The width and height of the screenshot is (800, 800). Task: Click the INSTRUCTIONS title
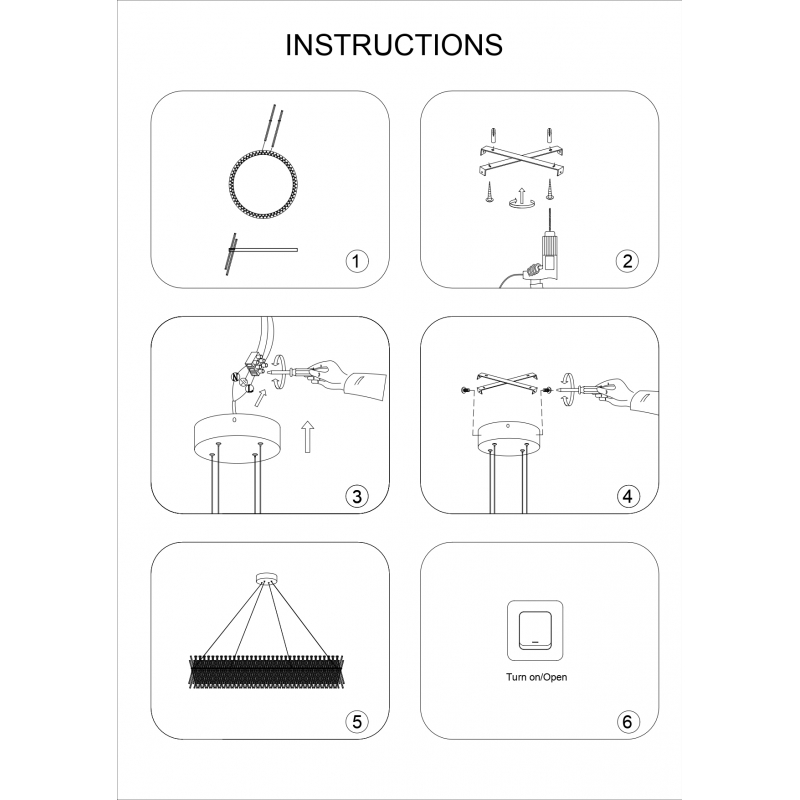(394, 45)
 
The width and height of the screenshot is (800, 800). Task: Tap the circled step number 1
(356, 261)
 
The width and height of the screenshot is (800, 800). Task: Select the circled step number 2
(626, 261)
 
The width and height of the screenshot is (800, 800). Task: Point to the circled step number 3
(356, 495)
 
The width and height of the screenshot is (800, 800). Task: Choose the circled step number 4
(626, 495)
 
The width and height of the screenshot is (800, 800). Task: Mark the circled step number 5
(356, 719)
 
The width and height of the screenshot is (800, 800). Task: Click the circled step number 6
(626, 719)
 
